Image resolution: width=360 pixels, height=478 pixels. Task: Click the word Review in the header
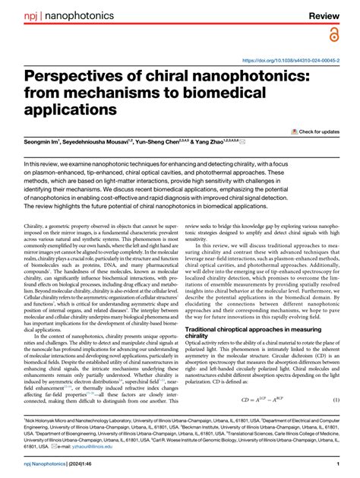click(329, 14)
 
